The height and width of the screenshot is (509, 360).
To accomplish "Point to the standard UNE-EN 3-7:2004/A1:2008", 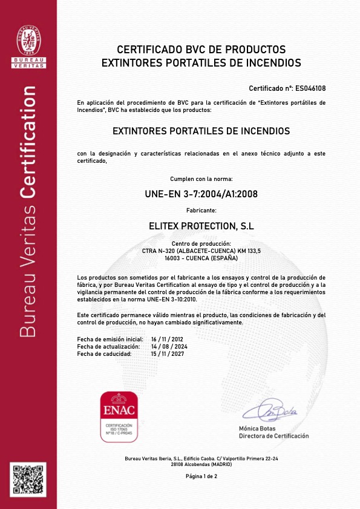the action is [201, 195].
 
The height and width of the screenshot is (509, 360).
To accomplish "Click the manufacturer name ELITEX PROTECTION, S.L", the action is [201, 226].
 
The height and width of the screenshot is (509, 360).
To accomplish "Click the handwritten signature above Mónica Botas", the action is [270, 411].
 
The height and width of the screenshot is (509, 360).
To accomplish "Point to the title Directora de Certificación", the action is [273, 436].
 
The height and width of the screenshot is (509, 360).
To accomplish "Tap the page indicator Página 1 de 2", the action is [201, 477].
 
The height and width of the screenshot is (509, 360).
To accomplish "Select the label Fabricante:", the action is [201, 211].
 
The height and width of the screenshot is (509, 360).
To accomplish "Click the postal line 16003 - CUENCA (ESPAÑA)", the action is [201, 258].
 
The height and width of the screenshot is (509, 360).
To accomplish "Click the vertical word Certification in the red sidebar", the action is [28, 143].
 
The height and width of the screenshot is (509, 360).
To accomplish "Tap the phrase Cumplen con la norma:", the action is [201, 179].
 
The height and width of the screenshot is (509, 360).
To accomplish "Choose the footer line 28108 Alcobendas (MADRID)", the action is [201, 464].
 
